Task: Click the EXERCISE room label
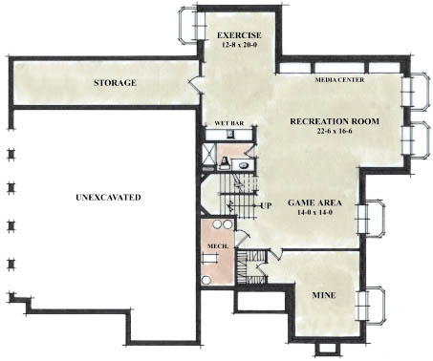pyautogui.click(x=239, y=35)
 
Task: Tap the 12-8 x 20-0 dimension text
pyautogui.click(x=239, y=45)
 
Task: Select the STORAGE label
pyautogui.click(x=115, y=83)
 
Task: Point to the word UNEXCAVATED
pyautogui.click(x=108, y=198)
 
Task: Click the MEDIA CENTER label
pyautogui.click(x=339, y=80)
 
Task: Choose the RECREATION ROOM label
pyautogui.click(x=335, y=121)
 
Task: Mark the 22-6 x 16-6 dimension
pyautogui.click(x=335, y=131)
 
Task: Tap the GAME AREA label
pyautogui.click(x=314, y=202)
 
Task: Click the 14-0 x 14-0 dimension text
pyautogui.click(x=314, y=212)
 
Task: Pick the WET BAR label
pyautogui.click(x=229, y=123)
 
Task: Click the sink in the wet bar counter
pyautogui.click(x=230, y=135)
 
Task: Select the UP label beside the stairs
pyautogui.click(x=266, y=206)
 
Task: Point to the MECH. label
pyautogui.click(x=218, y=246)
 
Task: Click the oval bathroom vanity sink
pyautogui.click(x=245, y=165)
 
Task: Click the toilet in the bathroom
pyautogui.click(x=225, y=162)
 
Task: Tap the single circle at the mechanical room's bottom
pyautogui.click(x=206, y=281)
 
